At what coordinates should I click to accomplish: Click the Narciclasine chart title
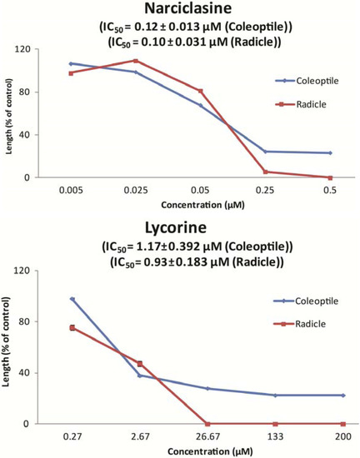tap(180, 11)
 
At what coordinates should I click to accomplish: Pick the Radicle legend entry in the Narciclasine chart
tap(302, 105)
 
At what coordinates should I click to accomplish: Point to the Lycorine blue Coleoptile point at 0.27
tap(72, 299)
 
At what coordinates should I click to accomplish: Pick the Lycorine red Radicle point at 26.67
tap(207, 423)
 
